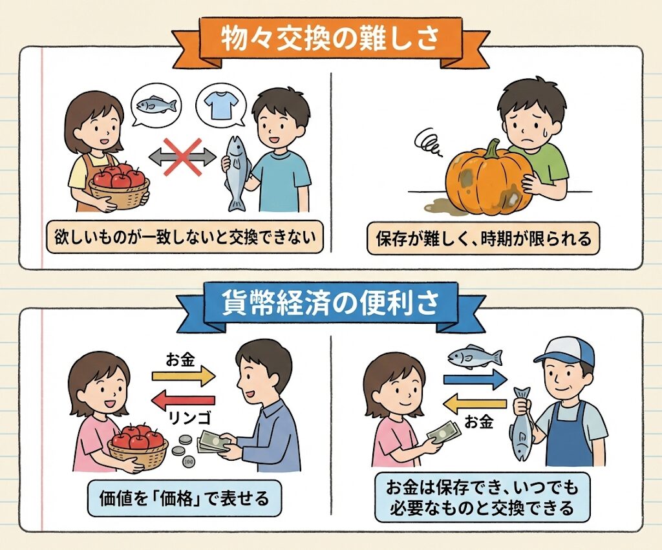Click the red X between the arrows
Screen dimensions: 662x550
pos(182,158)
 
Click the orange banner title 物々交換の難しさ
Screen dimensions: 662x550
pos(330,40)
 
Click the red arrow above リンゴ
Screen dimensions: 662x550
pos(183,400)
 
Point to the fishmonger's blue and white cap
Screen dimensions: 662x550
pos(564,354)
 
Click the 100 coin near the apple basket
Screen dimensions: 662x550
pos(189,461)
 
